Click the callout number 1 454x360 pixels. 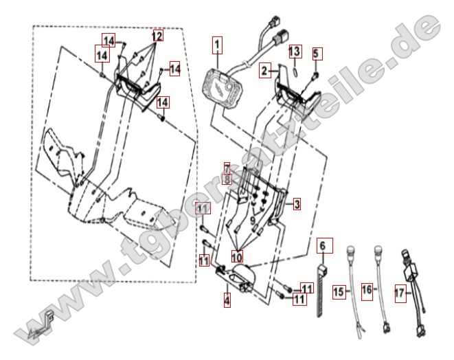[x=217, y=46]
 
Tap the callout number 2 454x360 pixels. [x=264, y=70]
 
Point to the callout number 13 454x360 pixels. [x=294, y=52]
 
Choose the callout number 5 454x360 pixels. [x=316, y=53]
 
